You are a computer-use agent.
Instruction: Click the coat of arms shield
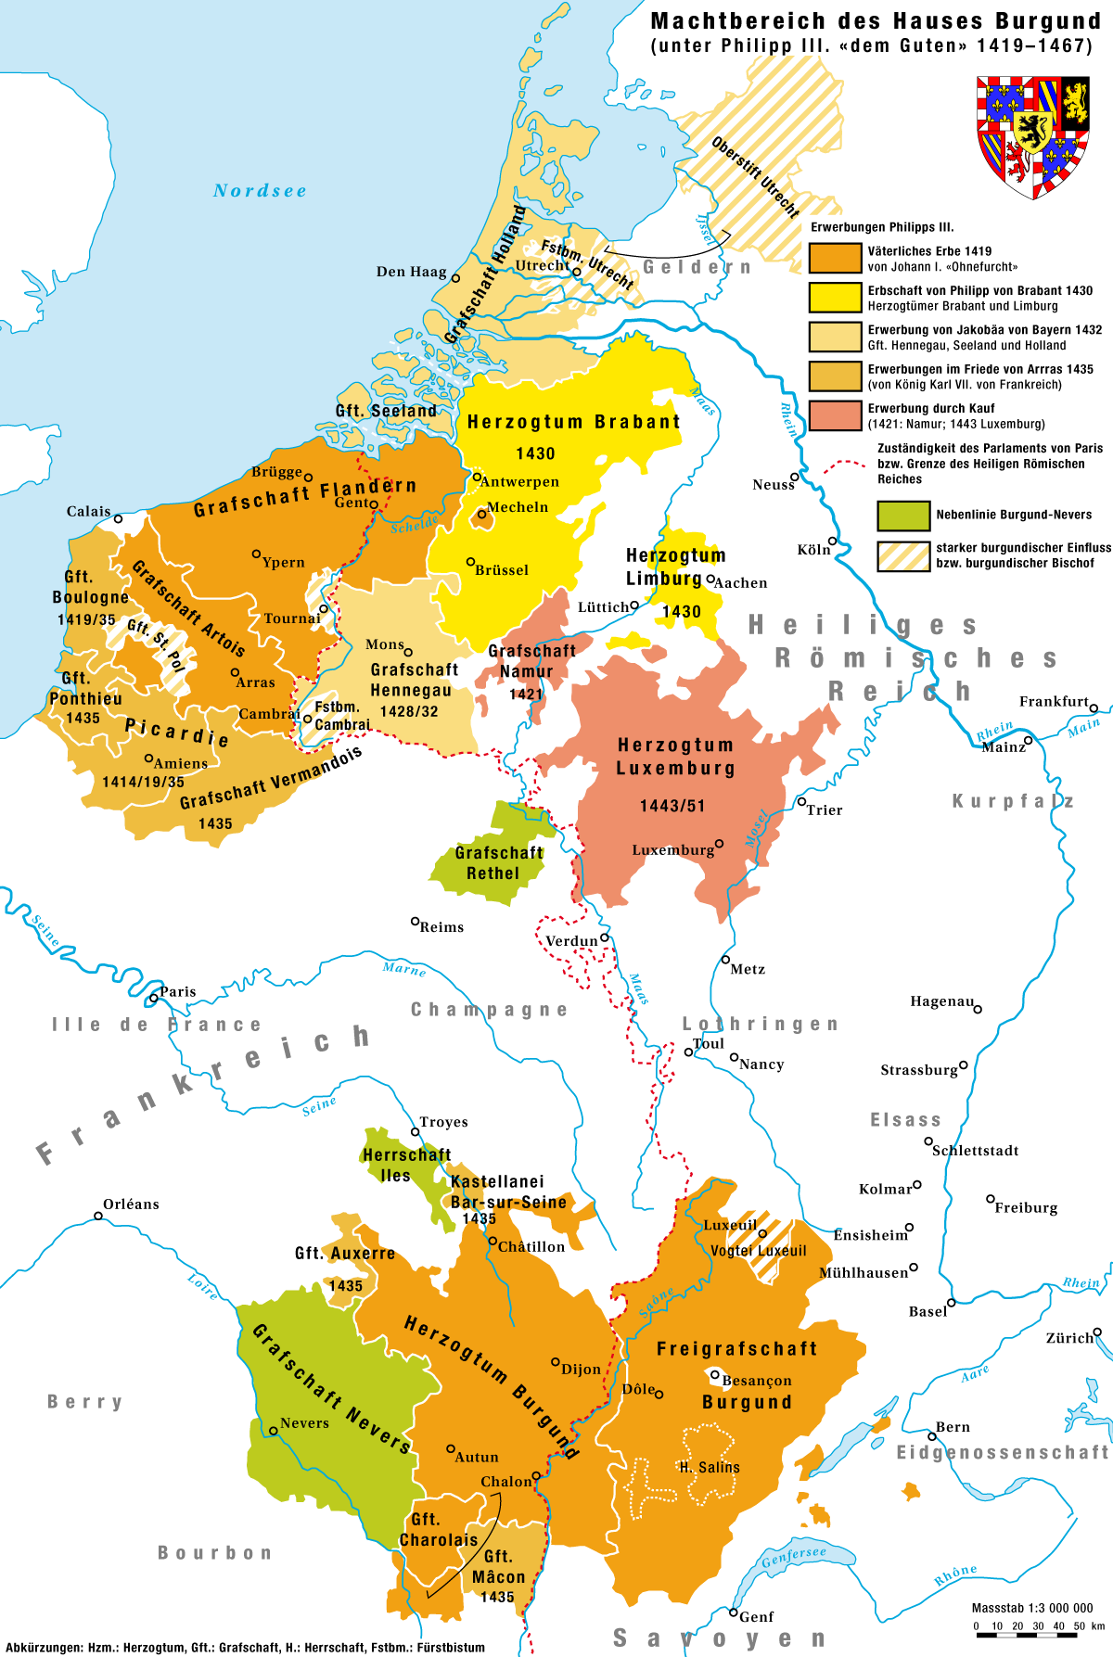point(1032,135)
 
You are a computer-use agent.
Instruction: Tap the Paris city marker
point(153,999)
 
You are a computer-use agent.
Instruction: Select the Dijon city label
point(582,1370)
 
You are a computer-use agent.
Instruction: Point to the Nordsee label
point(260,191)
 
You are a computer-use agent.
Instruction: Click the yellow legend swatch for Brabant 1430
point(835,298)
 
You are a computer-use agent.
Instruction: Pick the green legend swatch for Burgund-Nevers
point(903,516)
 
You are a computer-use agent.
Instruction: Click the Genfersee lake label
point(794,1556)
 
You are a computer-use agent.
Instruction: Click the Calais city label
point(88,512)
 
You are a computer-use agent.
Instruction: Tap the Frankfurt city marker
point(1094,708)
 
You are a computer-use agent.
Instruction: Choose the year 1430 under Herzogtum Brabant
point(535,453)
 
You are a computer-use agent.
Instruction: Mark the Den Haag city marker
point(455,277)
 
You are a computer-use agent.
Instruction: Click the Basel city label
point(927,1311)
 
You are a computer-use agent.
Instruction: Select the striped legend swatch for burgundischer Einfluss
point(903,555)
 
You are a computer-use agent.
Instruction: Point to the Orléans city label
point(131,1205)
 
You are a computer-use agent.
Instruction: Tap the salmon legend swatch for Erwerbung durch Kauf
point(835,415)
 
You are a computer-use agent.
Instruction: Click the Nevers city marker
point(274,1431)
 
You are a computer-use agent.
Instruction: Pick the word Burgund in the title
point(1048,20)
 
